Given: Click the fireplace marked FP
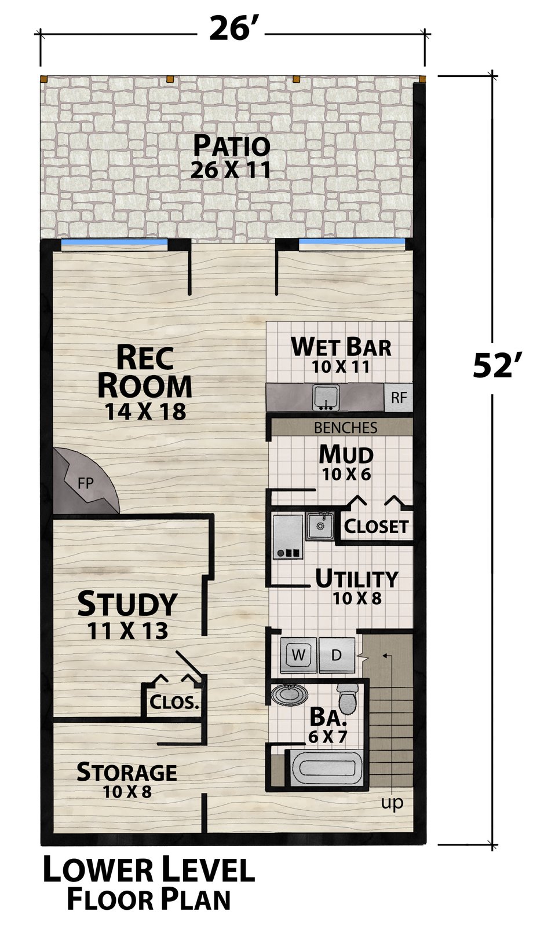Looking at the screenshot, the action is point(83,482).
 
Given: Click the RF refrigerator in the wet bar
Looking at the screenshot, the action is point(399,397).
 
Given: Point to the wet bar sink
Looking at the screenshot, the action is point(326,397).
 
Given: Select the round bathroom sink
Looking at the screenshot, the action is point(290,694).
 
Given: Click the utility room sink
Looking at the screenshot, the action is point(320,526).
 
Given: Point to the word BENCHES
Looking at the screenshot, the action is point(345,428).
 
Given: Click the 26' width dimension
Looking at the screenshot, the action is point(231,29).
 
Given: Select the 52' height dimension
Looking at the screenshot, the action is point(494,365).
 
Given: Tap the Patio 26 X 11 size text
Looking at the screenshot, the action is point(231,170).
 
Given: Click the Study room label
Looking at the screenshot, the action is point(127,604).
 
